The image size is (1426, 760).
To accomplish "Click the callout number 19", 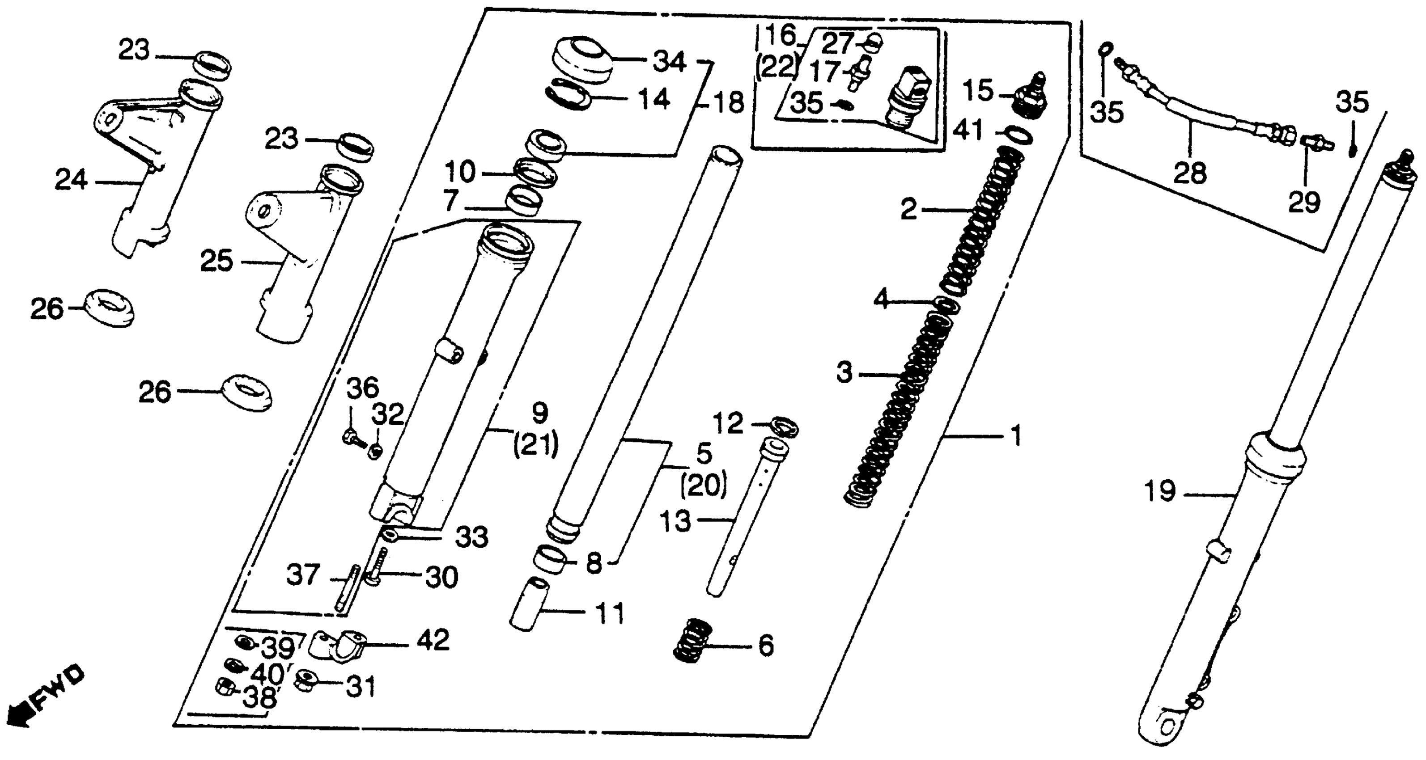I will click(1160, 492).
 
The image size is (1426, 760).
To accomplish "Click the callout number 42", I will click(433, 641).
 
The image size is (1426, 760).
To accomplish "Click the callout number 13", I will click(676, 521).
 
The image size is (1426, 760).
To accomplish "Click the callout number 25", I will click(216, 261).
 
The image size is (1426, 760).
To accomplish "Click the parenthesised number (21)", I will click(536, 445).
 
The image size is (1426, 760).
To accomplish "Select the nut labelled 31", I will click(305, 680).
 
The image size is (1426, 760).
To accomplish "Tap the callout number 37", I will click(303, 575).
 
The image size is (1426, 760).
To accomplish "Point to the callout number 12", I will click(728, 424).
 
